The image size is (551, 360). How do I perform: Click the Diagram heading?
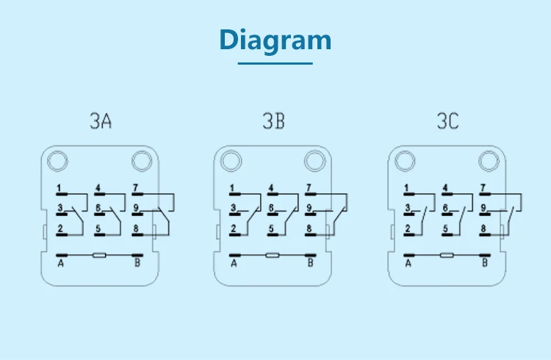pyautogui.click(x=275, y=40)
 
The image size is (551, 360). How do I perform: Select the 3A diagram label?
pyautogui.click(x=101, y=121)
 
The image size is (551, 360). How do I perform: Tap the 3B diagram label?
pyautogui.click(x=273, y=121)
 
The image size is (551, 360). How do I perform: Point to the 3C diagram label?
pyautogui.click(x=447, y=121)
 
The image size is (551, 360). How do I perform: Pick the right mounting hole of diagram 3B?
pyautogui.click(x=314, y=160)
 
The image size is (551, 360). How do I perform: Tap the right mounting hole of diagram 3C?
pyautogui.click(x=488, y=160)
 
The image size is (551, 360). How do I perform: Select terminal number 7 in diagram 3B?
pyautogui.click(x=309, y=187)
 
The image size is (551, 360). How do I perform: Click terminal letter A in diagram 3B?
pyautogui.click(x=234, y=263)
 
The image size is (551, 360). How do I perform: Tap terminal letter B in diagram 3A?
pyautogui.click(x=137, y=263)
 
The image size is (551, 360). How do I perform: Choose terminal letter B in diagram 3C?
pyautogui.click(x=484, y=263)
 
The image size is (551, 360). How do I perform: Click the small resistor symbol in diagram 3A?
pyautogui.click(x=99, y=256)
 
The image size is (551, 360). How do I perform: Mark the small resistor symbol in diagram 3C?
pyautogui.click(x=447, y=256)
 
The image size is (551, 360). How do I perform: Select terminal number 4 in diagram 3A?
pyautogui.click(x=98, y=187)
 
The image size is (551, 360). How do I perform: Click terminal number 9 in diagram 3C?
pyautogui.click(x=483, y=208)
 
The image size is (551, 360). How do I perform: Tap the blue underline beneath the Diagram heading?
pyautogui.click(x=275, y=64)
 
